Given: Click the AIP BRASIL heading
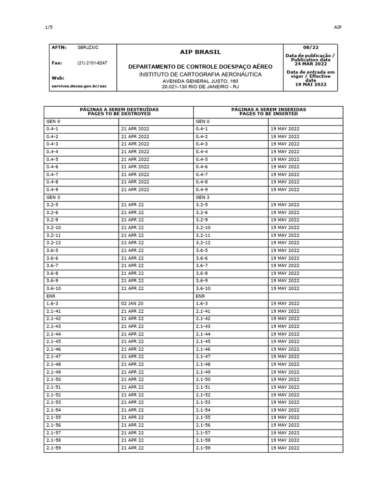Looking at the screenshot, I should pos(200,52).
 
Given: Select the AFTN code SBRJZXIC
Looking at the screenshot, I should pos(87,48).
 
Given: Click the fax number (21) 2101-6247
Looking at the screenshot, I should pos(92,63).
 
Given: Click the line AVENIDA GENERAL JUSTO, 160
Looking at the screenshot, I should pos(200,81).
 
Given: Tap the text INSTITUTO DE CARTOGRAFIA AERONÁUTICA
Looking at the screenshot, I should pos(200,74).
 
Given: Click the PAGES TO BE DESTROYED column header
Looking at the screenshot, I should pos(119,114).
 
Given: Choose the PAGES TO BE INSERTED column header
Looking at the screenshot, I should pos(269,114).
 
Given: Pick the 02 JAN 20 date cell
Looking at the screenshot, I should pos(133,304).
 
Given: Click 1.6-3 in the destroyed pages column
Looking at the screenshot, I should pos(52,304).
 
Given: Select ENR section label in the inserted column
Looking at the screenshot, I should pos(200,296).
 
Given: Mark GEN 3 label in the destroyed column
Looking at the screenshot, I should pos(53,197).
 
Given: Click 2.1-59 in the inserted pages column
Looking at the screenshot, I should pos(203,448).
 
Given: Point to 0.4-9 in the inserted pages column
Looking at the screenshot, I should pos(201,190).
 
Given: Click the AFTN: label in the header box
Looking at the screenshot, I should pos(59,48).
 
